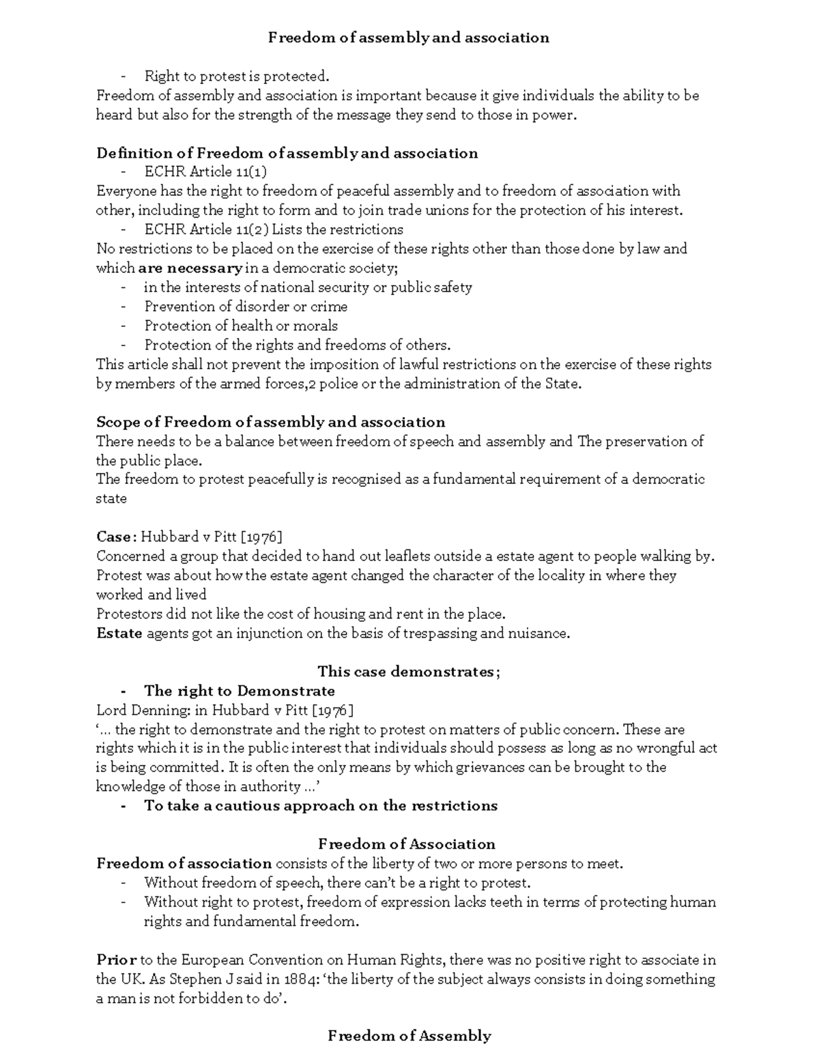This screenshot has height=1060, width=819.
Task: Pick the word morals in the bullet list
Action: point(315,326)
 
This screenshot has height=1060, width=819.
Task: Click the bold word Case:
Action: point(117,536)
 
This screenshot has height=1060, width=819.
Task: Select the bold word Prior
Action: point(116,960)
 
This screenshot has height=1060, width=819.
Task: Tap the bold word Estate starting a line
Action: point(119,633)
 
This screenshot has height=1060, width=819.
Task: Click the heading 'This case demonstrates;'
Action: point(409,672)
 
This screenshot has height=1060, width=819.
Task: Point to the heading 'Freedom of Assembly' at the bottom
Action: point(409,1036)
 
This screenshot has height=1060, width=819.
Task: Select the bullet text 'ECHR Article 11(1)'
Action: point(205,172)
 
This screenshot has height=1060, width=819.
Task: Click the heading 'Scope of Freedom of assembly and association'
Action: point(271,422)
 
